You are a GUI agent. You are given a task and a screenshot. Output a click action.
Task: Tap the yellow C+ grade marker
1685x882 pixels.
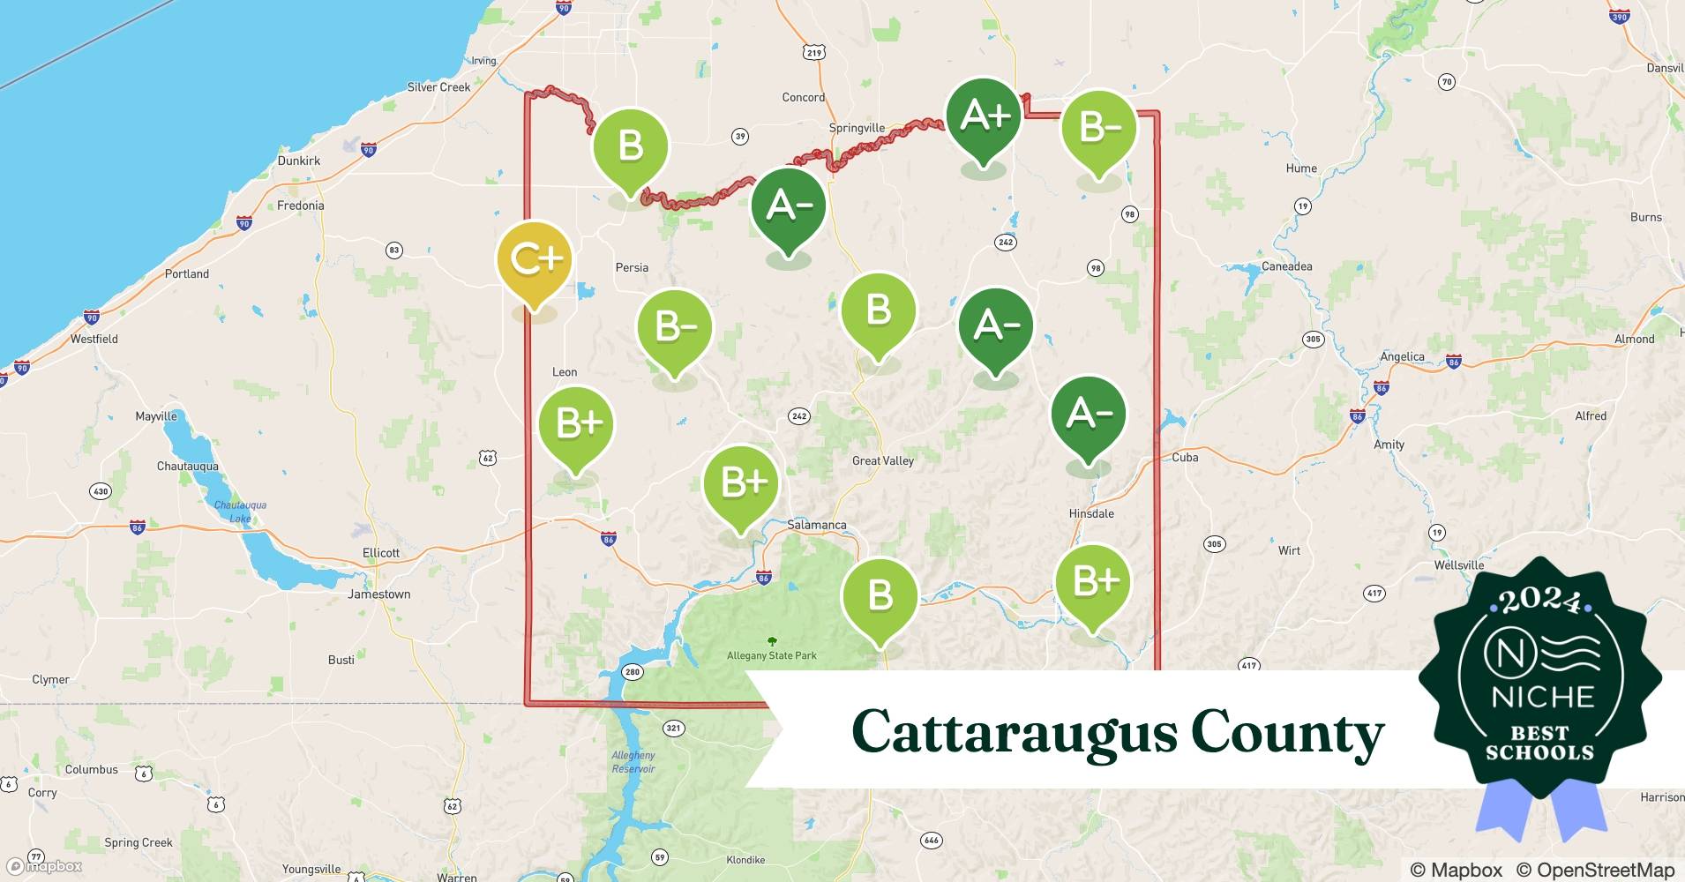coord(535,261)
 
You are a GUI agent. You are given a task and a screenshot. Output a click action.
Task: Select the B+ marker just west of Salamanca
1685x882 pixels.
coord(741,484)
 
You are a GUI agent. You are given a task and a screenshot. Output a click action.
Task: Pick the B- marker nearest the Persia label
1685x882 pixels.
coord(675,328)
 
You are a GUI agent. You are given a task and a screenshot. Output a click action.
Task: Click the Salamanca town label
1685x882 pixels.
coord(816,525)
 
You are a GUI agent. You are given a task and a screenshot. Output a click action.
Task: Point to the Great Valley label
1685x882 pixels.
coord(882,460)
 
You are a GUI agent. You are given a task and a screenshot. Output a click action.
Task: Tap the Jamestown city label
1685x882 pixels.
coord(378,594)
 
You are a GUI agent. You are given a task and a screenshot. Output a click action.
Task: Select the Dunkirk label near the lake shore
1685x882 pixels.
coord(299,161)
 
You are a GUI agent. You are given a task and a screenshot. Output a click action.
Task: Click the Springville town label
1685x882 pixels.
coord(856,128)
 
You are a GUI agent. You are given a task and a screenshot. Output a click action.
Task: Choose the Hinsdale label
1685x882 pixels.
coord(1091,513)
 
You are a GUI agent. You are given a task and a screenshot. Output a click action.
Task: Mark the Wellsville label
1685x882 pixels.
coord(1458,565)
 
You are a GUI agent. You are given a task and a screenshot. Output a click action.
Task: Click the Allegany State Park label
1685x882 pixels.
coord(772,655)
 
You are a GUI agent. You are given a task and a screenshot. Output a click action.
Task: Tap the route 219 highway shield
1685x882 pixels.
coord(813,53)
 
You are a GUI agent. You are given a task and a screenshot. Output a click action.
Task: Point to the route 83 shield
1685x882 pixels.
coord(394,250)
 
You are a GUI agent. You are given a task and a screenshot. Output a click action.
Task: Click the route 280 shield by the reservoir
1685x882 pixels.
coord(633,672)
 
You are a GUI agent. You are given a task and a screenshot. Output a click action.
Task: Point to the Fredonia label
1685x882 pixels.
coord(300,206)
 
